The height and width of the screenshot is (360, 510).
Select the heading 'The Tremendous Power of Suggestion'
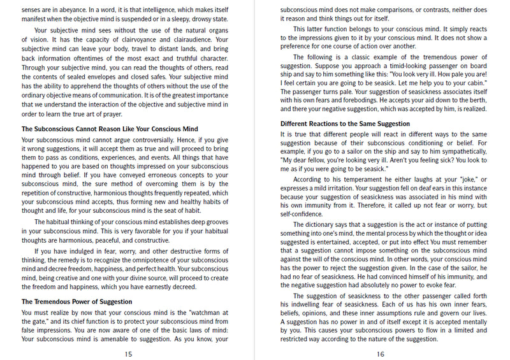tap(76, 301)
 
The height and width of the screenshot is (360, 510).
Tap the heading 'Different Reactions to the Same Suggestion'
tap(345, 124)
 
